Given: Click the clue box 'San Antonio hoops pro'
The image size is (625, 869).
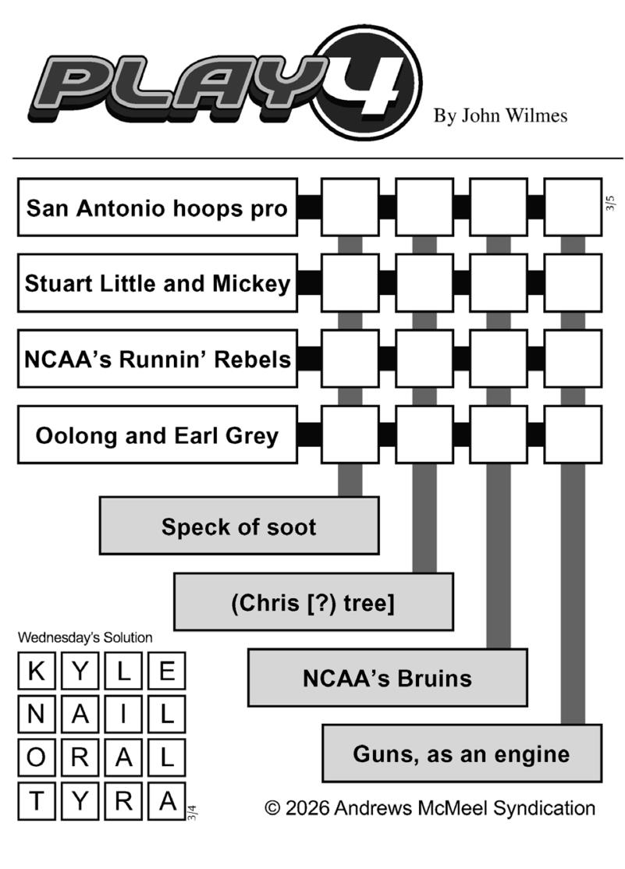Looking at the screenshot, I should (x=157, y=207).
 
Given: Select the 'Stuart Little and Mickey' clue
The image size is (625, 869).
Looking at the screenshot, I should (x=157, y=283).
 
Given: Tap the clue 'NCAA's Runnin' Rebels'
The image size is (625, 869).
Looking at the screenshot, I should (x=157, y=359).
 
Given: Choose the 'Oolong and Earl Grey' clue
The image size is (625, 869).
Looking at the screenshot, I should (x=157, y=434).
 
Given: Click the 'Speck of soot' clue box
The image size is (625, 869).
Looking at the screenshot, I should (x=239, y=526).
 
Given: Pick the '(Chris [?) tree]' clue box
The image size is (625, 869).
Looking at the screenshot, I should (x=313, y=602).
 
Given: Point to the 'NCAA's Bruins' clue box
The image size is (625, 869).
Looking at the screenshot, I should (x=387, y=678).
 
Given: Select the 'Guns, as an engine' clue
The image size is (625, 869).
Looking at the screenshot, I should (x=461, y=754).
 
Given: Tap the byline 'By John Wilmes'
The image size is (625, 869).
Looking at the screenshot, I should (x=500, y=116).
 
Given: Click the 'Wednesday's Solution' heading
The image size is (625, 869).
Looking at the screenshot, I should (x=85, y=637).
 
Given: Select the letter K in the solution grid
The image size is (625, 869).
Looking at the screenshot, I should (x=36, y=671).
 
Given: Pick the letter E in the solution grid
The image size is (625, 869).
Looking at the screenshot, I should (x=167, y=671).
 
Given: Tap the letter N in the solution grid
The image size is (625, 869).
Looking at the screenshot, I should (x=36, y=715).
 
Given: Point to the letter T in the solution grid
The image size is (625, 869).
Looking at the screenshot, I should (x=36, y=801).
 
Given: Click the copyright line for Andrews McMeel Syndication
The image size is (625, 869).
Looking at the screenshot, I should (x=430, y=808).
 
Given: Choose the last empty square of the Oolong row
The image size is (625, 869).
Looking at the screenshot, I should (x=573, y=434).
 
